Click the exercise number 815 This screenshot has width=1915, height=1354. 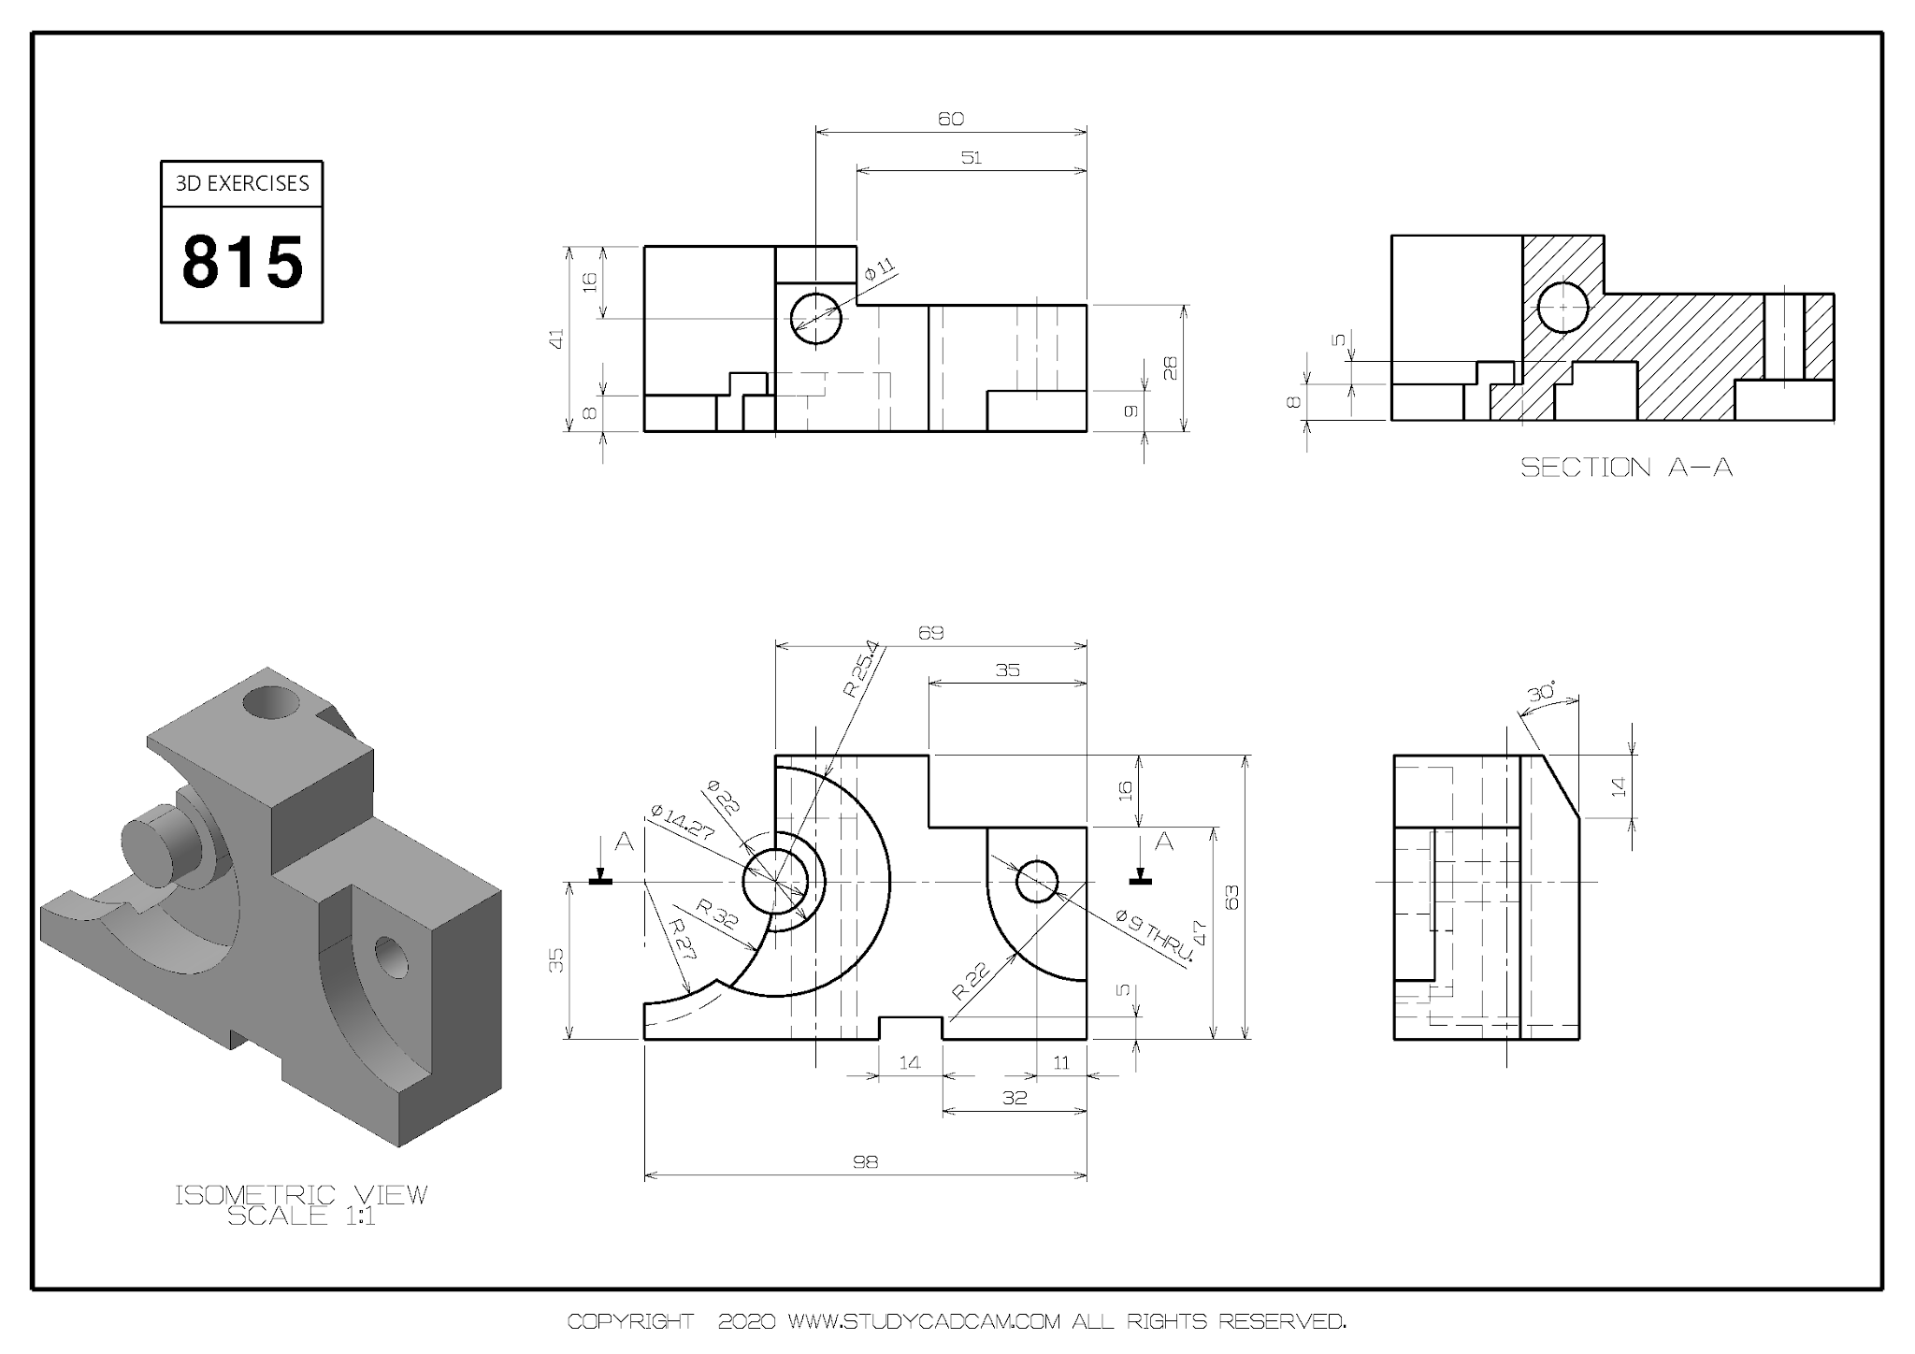pos(242,262)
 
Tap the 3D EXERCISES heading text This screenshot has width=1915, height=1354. pos(242,183)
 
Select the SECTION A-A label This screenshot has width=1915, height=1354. pos(1626,468)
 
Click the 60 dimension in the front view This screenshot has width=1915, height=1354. pos(950,119)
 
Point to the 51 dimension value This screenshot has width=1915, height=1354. pos(971,157)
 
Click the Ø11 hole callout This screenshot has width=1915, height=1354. pos(879,269)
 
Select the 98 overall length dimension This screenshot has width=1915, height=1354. pos(865,1161)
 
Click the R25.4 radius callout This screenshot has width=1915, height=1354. pos(861,670)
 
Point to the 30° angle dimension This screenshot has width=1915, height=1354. pos(1541,693)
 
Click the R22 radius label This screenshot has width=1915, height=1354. pos(970,982)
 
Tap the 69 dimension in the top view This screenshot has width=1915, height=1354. pos(930,633)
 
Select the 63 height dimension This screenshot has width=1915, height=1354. pos(1232,898)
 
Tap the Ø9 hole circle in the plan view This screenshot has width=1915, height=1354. pos(1036,882)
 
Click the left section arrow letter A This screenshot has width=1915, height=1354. pos(624,843)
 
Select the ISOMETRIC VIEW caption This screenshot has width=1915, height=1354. pos(301,1194)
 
